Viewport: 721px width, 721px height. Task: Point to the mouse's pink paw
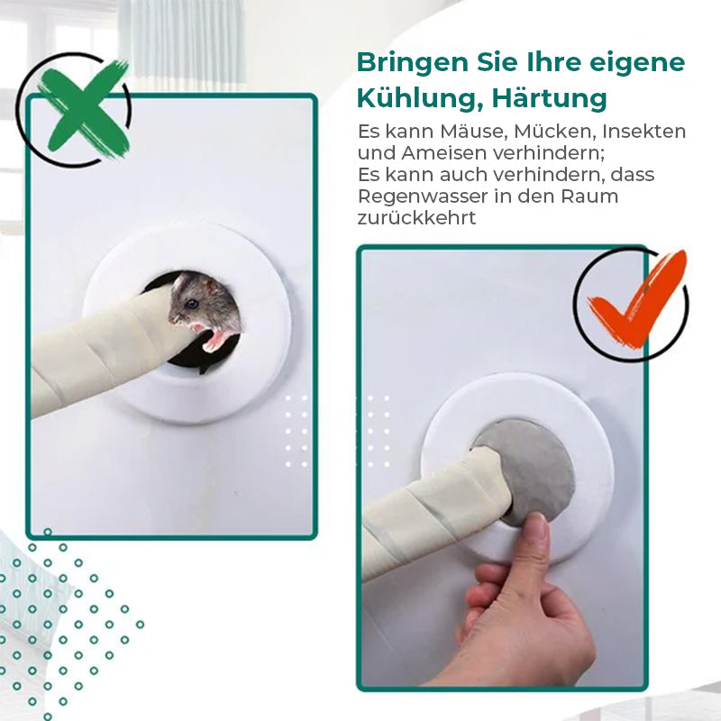tap(216, 340)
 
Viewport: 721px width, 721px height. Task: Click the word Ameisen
tap(434, 153)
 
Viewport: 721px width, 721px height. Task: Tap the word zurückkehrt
tap(416, 218)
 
